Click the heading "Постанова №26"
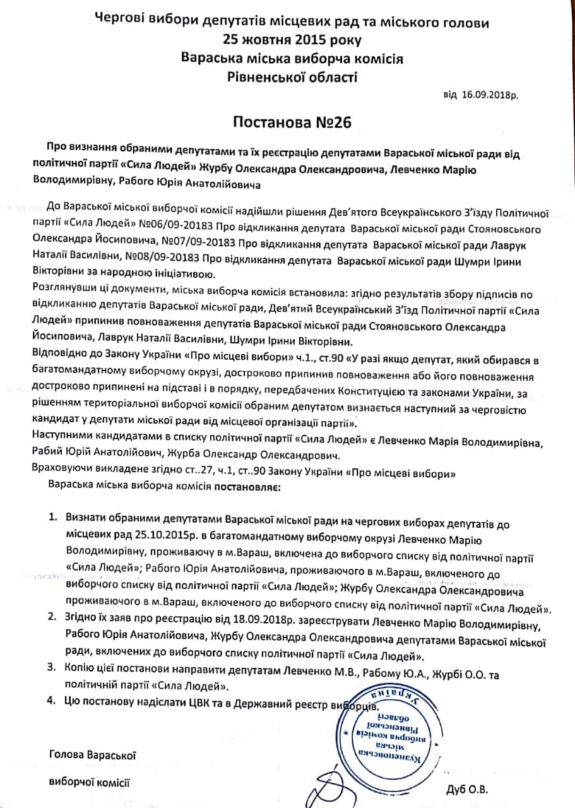(288, 122)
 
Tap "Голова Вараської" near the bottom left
(92, 754)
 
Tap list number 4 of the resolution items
(53, 700)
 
